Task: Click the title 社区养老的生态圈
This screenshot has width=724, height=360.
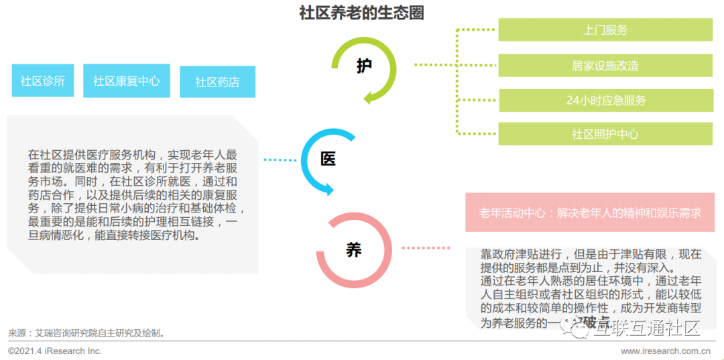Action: [361, 13]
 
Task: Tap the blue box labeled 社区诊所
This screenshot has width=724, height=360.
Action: [42, 81]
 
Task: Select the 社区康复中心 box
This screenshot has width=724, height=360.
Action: [127, 81]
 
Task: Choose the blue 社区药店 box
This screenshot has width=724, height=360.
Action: [217, 82]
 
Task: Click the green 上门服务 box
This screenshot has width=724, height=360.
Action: [605, 29]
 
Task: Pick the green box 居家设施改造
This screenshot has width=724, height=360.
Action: [605, 65]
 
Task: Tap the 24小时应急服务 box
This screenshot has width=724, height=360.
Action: [605, 101]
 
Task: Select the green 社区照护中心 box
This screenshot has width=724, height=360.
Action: [605, 134]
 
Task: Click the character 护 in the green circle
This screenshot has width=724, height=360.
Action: [364, 66]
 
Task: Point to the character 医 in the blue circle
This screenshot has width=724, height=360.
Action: [328, 159]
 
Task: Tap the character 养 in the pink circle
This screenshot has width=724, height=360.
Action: [353, 249]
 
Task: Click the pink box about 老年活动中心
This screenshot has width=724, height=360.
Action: [590, 213]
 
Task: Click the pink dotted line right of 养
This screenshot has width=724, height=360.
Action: [426, 248]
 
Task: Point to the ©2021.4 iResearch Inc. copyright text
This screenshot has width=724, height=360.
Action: [55, 351]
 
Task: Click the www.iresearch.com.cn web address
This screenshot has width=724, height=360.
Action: [666, 351]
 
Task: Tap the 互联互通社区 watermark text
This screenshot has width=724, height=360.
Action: [647, 328]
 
